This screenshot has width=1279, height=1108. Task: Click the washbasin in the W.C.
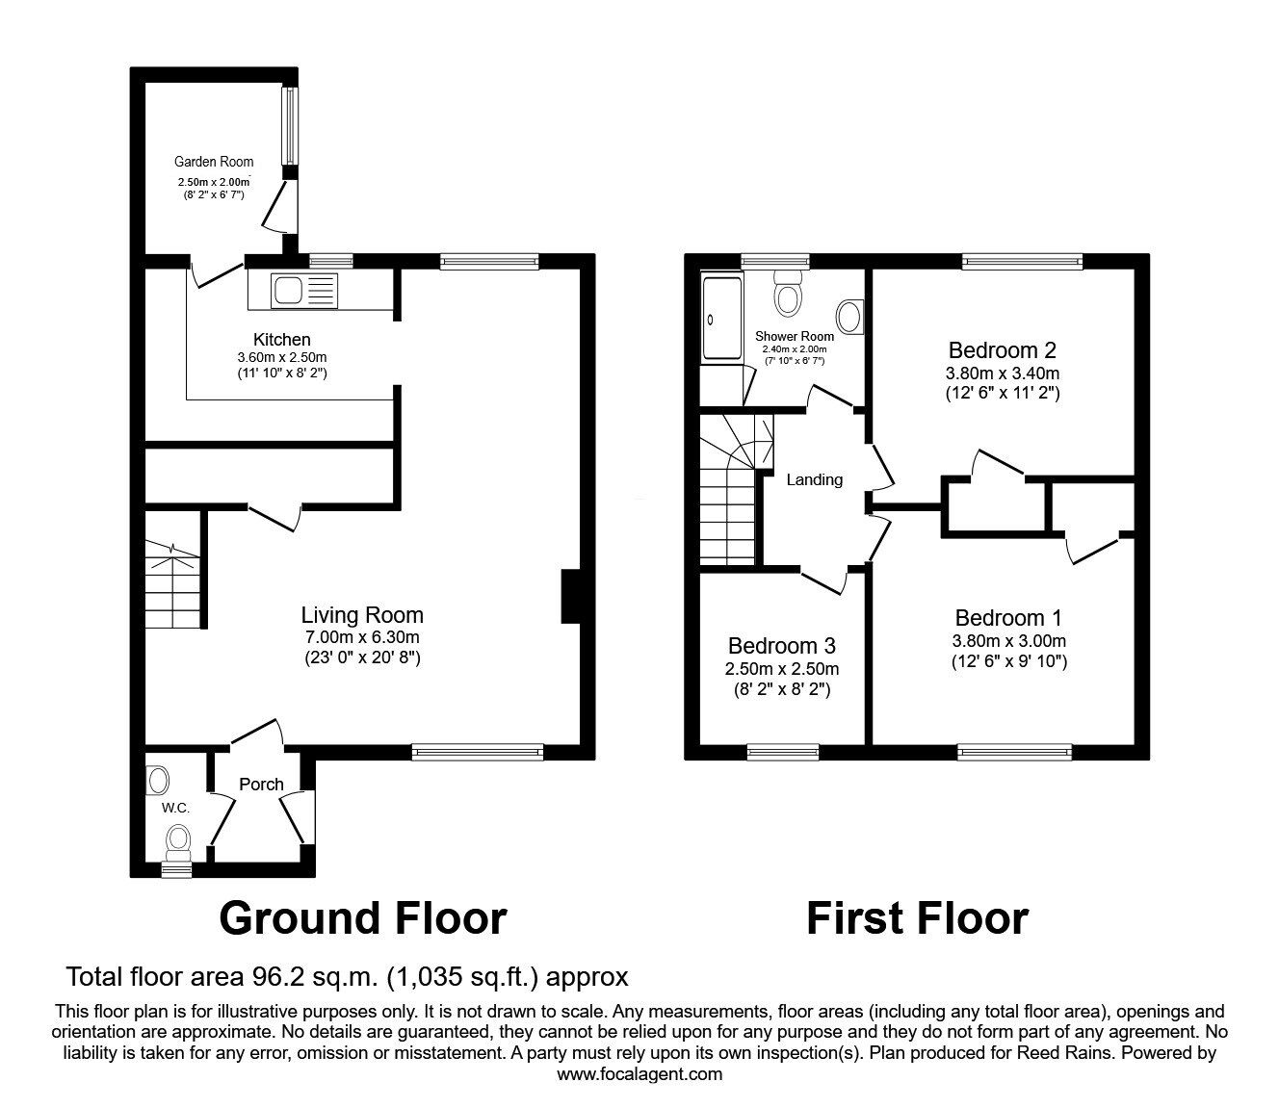tap(157, 778)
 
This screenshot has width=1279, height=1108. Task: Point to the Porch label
tap(261, 785)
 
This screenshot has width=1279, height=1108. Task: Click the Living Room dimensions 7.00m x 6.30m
tap(361, 637)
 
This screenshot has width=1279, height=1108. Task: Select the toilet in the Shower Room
tap(789, 293)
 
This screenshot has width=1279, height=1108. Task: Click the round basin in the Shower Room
tap(849, 315)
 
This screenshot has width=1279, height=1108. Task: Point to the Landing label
tap(815, 479)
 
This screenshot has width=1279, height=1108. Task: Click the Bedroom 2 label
tap(995, 350)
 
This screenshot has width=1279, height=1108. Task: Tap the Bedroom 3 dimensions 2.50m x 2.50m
tap(781, 669)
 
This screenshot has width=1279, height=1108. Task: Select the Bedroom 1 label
tap(1007, 618)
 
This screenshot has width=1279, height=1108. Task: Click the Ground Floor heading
tap(362, 918)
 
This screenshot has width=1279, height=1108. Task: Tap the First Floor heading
tap(916, 918)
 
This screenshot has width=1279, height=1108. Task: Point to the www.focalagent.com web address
tap(639, 1074)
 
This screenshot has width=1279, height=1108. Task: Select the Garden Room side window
tap(288, 126)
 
